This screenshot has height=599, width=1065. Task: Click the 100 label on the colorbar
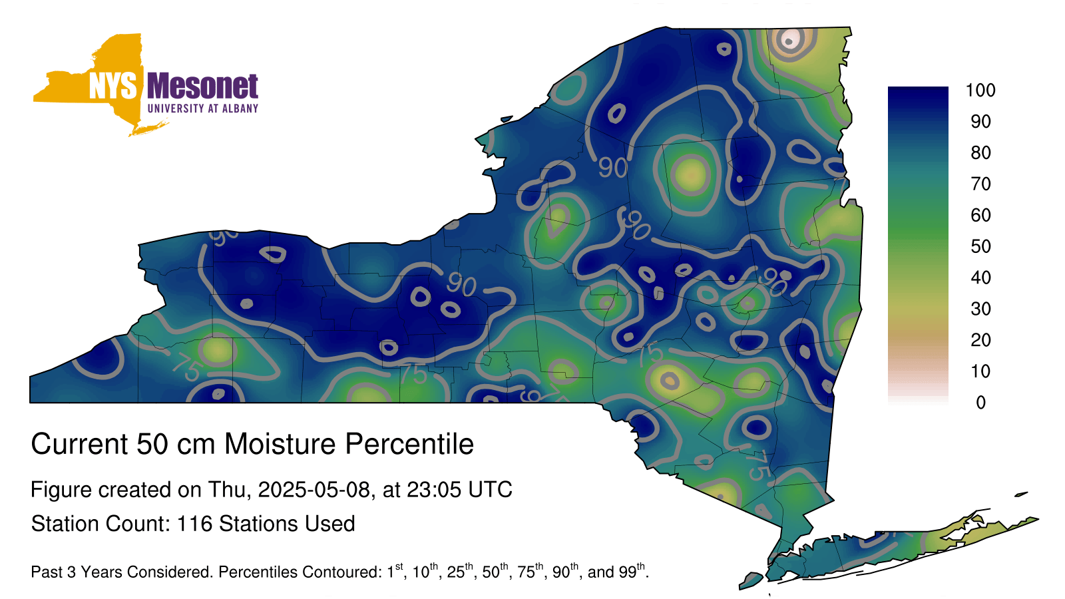tap(980, 91)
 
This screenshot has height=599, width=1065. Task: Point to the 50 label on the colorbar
tap(980, 246)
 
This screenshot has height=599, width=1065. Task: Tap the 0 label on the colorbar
tap(980, 403)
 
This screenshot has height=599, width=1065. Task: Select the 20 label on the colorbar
tap(980, 340)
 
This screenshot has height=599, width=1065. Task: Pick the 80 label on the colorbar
tap(980, 152)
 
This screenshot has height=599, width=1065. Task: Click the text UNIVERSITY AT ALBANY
tap(203, 108)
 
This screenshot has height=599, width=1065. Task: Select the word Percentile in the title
tap(409, 444)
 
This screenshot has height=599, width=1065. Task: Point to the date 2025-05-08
tap(314, 490)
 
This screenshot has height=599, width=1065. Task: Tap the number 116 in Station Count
tap(194, 524)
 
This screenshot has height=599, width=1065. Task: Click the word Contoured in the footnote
tap(349, 572)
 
